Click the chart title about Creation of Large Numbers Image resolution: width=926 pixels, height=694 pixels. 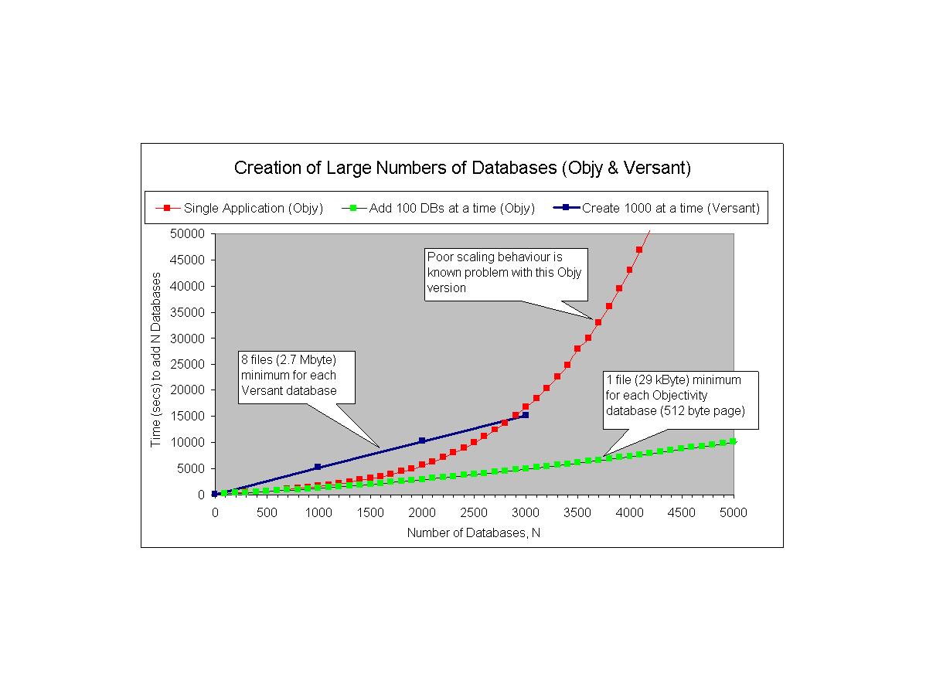coord(462,168)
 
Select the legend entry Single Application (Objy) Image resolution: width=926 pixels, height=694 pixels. coord(253,208)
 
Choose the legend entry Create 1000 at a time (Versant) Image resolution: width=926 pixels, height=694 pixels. coord(670,208)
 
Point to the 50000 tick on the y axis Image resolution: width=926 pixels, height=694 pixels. coord(188,233)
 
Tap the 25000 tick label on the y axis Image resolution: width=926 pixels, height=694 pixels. coord(188,364)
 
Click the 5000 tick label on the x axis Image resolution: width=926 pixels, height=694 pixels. coord(734,512)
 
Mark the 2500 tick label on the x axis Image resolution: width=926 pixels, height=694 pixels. coord(474,512)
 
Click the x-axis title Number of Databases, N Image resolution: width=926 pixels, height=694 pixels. coord(473,532)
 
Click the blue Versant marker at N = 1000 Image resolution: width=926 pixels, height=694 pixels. coord(318,467)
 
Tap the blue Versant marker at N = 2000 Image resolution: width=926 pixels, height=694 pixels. coord(422,441)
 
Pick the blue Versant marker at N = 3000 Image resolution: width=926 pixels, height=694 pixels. coord(526,415)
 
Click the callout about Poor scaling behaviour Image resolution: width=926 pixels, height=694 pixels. coord(506,274)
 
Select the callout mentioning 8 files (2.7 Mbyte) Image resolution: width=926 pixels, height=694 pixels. coord(297,377)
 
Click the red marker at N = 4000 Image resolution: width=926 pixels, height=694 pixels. coord(629,270)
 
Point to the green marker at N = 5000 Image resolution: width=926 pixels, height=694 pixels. coord(733,441)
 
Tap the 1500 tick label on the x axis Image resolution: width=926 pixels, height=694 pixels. coord(370,512)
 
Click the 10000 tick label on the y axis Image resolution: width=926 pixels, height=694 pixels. coord(188,442)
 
